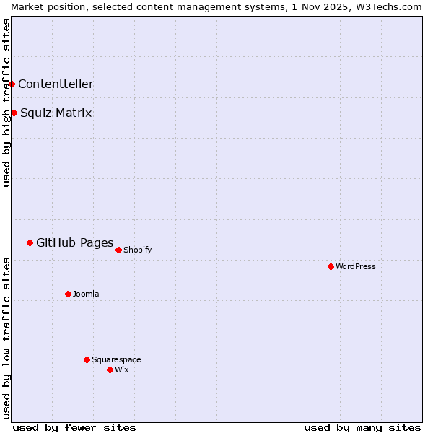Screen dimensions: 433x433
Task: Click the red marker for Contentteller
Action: [x=12, y=84]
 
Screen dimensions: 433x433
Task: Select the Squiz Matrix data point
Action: [x=14, y=113]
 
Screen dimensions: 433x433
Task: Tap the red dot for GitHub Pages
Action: [x=30, y=242]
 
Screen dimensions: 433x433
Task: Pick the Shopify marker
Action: [x=118, y=250]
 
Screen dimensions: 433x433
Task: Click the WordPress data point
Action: [x=331, y=266]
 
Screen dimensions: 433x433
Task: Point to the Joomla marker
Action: [x=68, y=294]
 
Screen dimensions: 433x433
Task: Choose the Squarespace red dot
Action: [x=87, y=359]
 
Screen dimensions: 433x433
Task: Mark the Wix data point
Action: [x=110, y=369]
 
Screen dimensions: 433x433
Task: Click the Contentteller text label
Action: [x=56, y=84]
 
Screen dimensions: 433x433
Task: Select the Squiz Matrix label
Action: [x=56, y=113]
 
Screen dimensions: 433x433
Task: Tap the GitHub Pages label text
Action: [x=74, y=242]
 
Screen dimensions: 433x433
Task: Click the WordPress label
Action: [x=356, y=266]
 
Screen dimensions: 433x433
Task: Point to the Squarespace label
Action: [x=116, y=359]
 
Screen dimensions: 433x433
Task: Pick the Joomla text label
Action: [x=86, y=294]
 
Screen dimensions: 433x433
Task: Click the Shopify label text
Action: [x=137, y=250]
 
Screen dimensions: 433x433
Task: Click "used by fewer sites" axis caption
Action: [x=74, y=427]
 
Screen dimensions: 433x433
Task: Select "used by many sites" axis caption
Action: [x=362, y=427]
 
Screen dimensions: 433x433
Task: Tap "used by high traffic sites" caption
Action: [x=6, y=102]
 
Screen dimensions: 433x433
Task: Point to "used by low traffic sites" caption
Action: [x=6, y=338]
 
